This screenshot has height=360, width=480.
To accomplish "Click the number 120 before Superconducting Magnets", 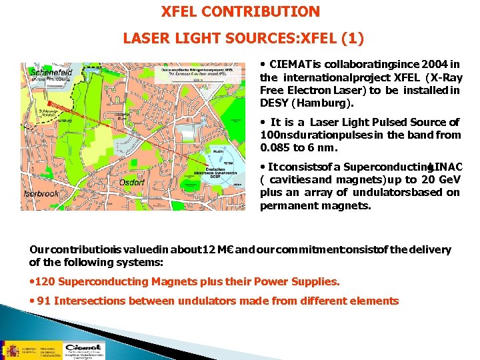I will coord(47,282).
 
